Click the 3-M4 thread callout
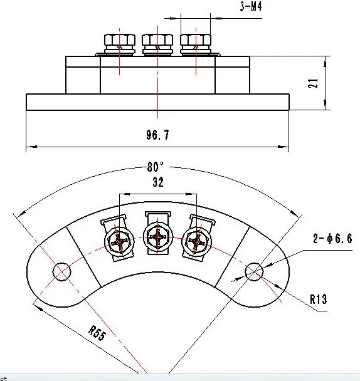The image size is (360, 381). tap(251, 6)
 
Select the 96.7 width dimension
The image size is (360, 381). tap(157, 135)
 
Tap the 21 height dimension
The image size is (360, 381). tap(313, 83)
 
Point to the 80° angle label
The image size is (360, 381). tap(156, 167)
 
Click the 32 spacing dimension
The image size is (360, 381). tap(158, 182)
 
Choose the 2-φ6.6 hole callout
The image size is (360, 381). tap(332, 238)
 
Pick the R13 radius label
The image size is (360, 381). tap(319, 299)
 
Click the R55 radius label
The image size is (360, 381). tap(97, 333)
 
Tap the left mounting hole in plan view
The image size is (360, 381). tap(62, 272)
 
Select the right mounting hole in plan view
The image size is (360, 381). tap(254, 271)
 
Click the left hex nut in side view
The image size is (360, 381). tap(120, 44)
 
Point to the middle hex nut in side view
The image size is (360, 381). tap(157, 44)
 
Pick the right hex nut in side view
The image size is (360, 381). tap(196, 44)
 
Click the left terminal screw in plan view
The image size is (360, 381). tap(119, 241)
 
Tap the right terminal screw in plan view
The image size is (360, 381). tap(197, 241)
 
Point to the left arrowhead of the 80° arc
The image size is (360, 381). tap(21, 214)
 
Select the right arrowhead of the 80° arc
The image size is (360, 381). tap(295, 214)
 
